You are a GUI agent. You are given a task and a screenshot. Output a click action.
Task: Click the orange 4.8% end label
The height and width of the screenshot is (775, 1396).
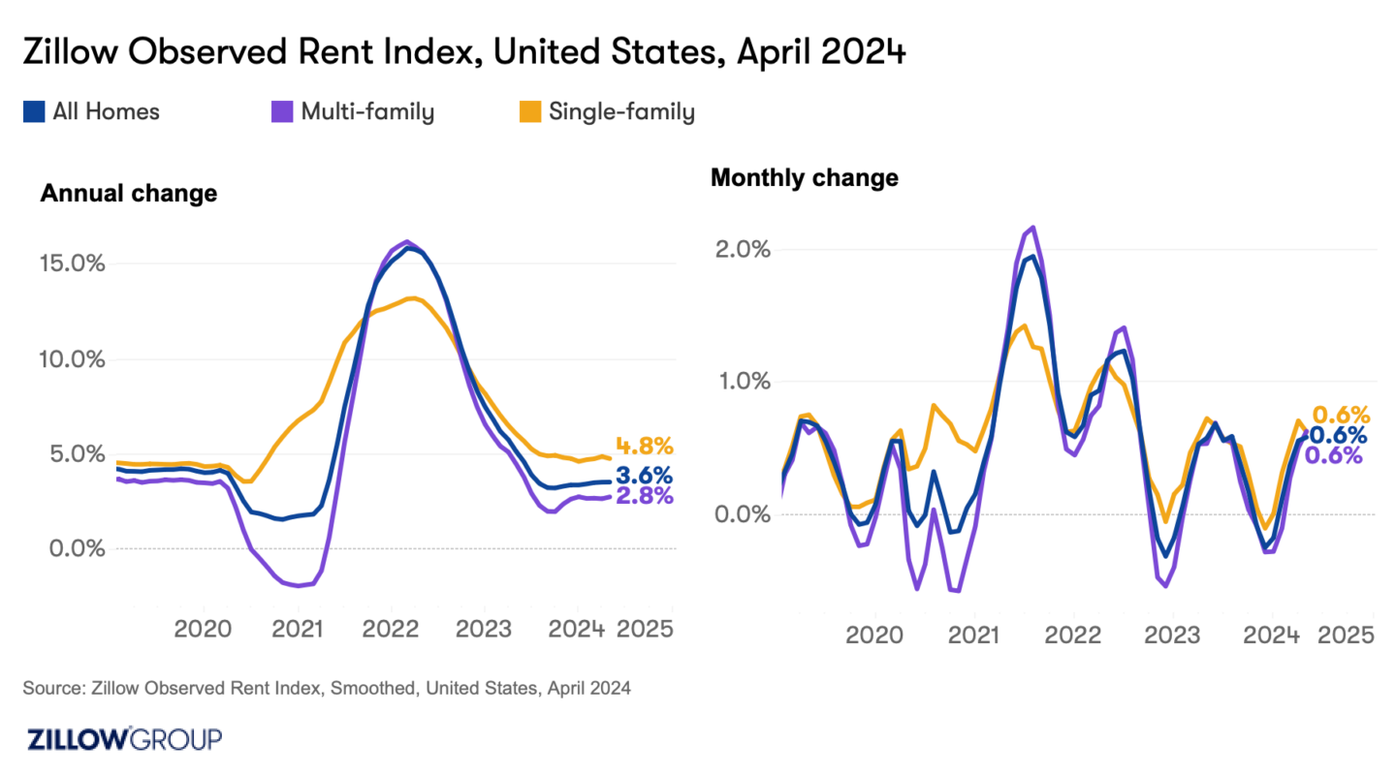tap(644, 447)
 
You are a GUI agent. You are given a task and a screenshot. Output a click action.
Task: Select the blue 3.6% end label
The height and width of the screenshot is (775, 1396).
tap(644, 477)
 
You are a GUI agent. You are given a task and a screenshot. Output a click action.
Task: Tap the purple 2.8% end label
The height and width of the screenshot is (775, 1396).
tap(644, 497)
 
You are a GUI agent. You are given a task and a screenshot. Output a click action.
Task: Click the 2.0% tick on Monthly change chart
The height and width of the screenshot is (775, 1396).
tap(743, 249)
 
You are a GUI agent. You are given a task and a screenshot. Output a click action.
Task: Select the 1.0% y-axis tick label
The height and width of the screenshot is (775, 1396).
tap(743, 381)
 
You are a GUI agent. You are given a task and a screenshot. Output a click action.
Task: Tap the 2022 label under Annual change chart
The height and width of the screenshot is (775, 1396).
tap(390, 629)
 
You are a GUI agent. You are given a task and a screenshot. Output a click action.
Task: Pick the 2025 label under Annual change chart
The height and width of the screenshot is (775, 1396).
tap(645, 629)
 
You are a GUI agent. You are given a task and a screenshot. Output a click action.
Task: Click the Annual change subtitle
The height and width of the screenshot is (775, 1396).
tap(128, 194)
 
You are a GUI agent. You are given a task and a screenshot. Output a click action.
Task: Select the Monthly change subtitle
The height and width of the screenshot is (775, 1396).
tap(804, 178)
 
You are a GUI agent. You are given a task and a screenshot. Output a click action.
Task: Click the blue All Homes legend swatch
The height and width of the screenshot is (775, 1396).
tap(34, 112)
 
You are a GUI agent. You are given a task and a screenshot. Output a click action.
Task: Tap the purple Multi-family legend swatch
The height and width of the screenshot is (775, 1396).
tap(282, 112)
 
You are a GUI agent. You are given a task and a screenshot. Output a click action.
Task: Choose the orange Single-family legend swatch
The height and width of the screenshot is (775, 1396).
tap(530, 112)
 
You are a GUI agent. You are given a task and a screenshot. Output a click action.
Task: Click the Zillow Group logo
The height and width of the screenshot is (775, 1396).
tap(123, 739)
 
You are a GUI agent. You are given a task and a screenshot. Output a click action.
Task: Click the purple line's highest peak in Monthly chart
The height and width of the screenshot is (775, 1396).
tap(1033, 228)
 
